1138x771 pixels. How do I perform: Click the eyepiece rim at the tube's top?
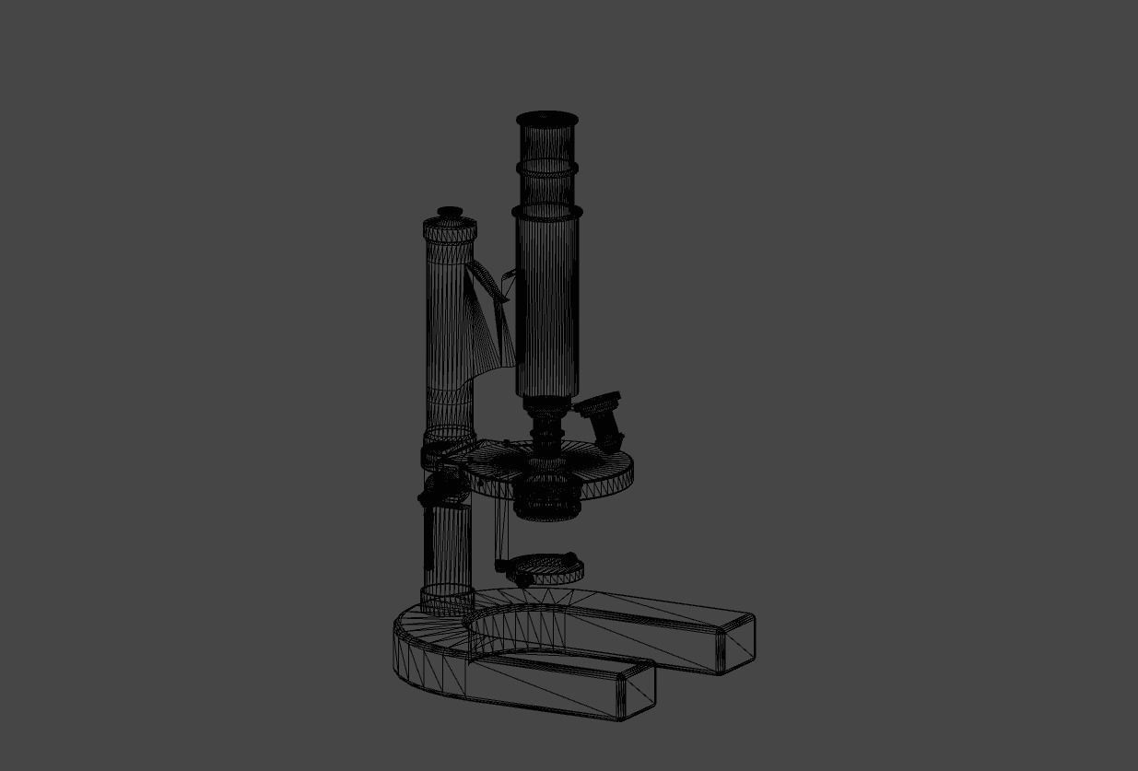click(x=546, y=118)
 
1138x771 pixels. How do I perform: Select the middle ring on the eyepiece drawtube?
click(x=546, y=169)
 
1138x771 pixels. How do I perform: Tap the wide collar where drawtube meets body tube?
click(x=547, y=212)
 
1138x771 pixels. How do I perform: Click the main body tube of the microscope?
click(x=547, y=304)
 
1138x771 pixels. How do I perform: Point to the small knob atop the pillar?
click(x=450, y=213)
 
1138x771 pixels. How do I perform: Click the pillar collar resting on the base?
click(x=447, y=599)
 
